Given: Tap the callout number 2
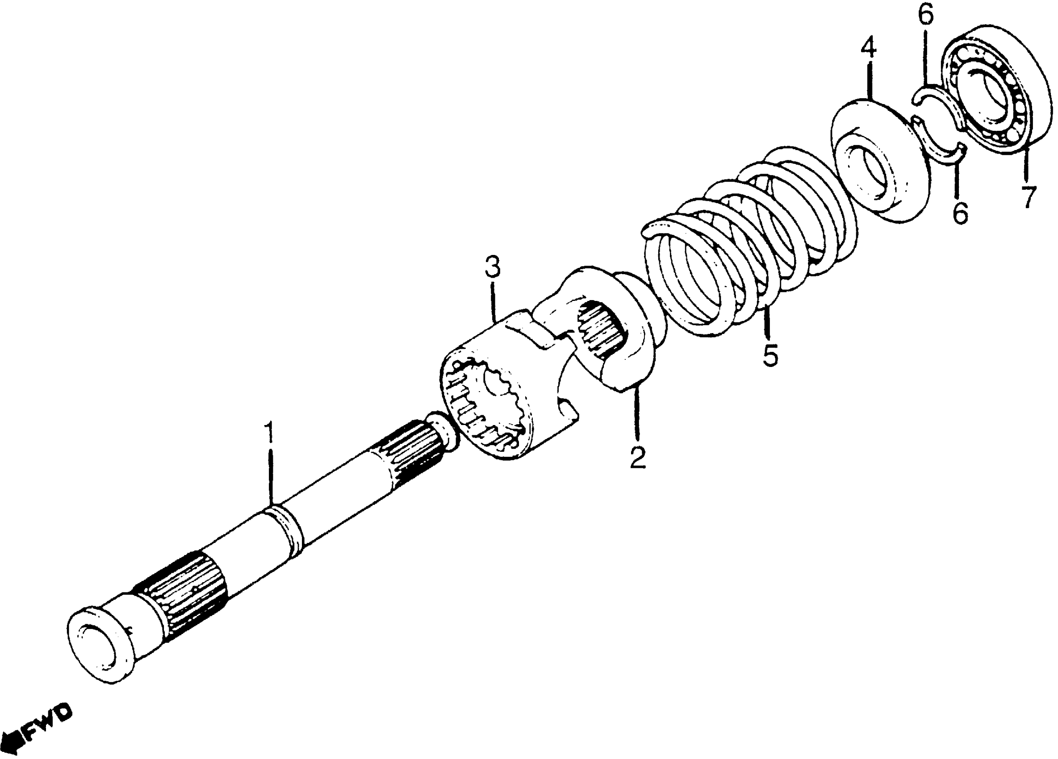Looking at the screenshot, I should [638, 458].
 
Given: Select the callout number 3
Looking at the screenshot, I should [493, 267].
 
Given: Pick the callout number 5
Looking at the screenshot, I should [770, 356].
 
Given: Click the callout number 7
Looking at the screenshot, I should [1028, 197].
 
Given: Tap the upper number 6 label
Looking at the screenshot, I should [926, 15].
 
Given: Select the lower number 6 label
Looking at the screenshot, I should [961, 213].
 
